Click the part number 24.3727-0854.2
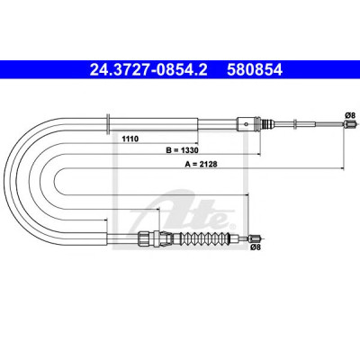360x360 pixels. click(148, 70)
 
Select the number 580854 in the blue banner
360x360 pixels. click(255, 70)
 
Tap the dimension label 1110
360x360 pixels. click(130, 139)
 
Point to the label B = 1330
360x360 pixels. click(183, 150)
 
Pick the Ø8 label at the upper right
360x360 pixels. click(350, 115)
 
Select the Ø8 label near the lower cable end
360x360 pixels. click(255, 247)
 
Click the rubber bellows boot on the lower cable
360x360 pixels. click(205, 238)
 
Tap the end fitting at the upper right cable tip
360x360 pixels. click(350, 123)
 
